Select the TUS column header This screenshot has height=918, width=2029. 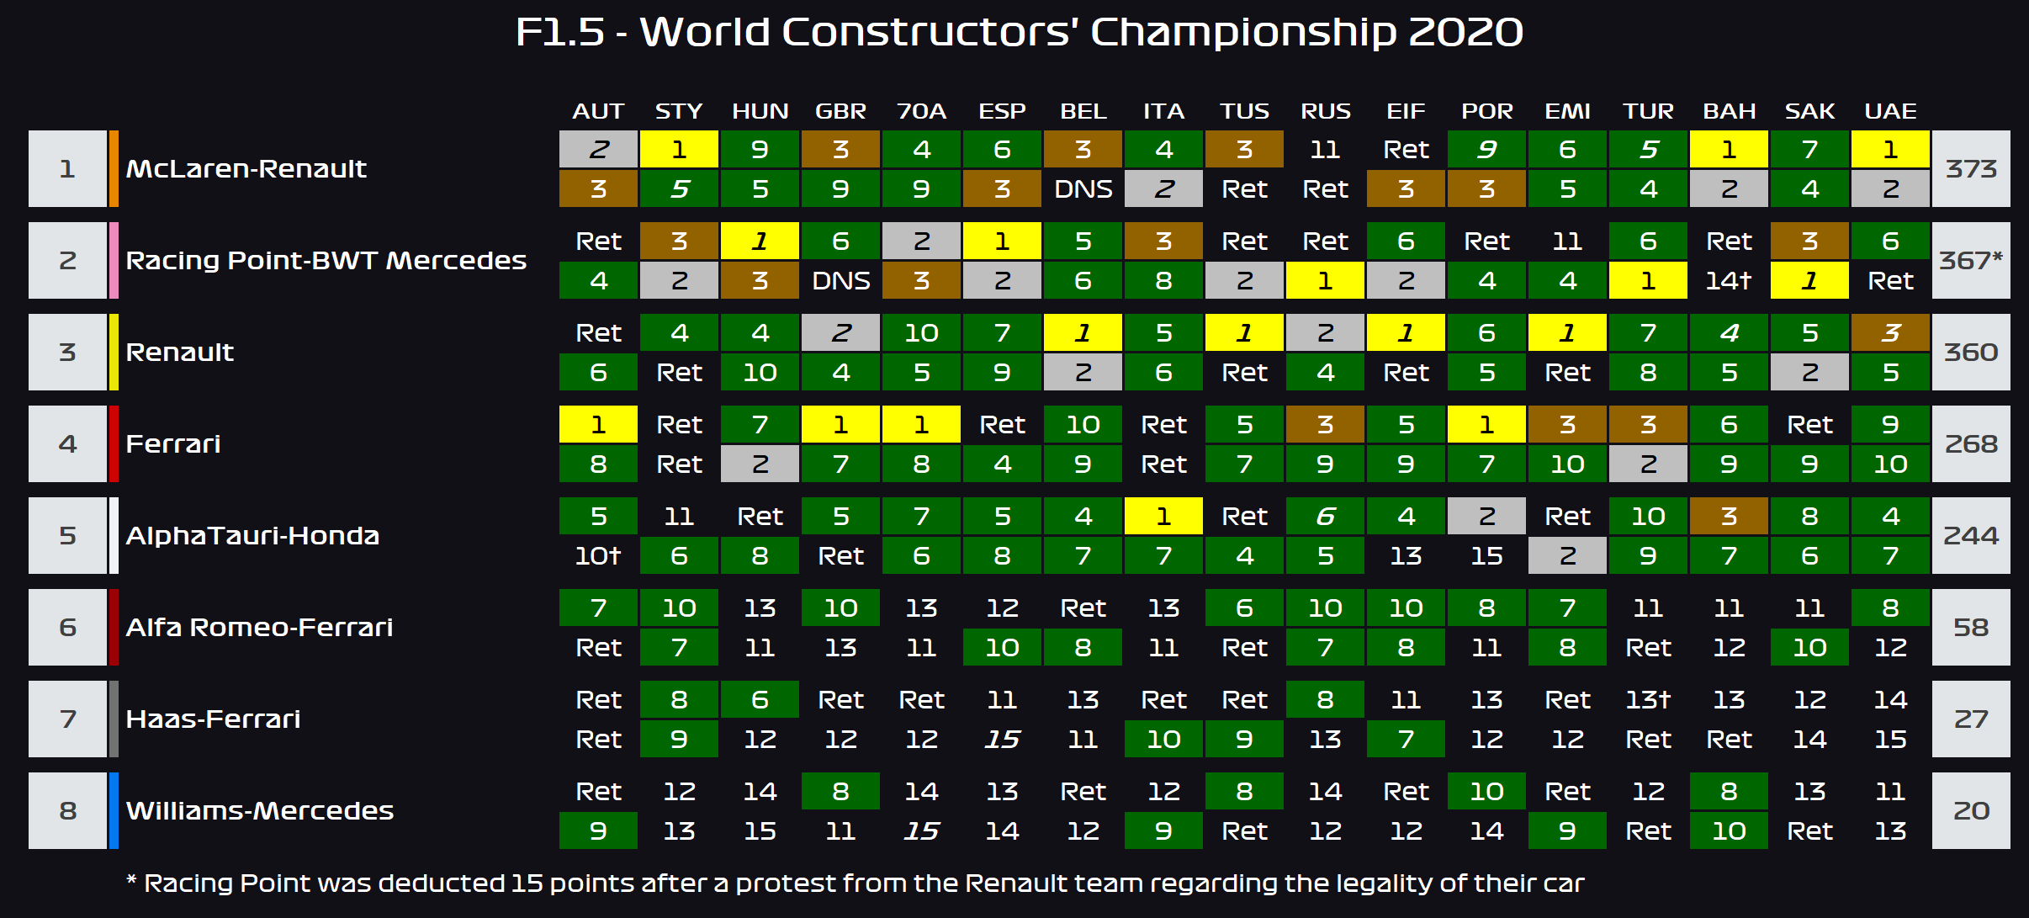coord(1244,111)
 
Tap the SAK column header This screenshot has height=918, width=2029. coord(1809,111)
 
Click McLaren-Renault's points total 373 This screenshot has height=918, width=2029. coord(1971,169)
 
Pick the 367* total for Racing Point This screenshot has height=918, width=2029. coord(1971,261)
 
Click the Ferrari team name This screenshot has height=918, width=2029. coord(173,444)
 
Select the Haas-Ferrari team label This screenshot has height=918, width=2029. coord(213,719)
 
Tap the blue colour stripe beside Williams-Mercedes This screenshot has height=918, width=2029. coord(114,811)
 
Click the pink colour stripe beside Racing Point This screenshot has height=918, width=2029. coord(114,261)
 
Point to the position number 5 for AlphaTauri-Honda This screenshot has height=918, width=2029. coord(67,536)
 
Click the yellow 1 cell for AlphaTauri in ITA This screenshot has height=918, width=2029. coord(1163,517)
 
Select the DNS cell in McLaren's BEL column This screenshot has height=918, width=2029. coord(1083,189)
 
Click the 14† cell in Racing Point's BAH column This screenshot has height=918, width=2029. coord(1729,281)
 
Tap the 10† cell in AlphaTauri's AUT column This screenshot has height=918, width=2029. coord(598,556)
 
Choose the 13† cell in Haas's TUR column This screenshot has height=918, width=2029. coord(1648,700)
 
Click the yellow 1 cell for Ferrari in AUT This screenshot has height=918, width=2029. coord(598,425)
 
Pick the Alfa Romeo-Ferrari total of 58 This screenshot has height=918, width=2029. coord(1971,628)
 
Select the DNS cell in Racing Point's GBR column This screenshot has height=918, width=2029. coord(840,281)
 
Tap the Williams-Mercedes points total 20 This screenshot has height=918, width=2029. coord(1971,811)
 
